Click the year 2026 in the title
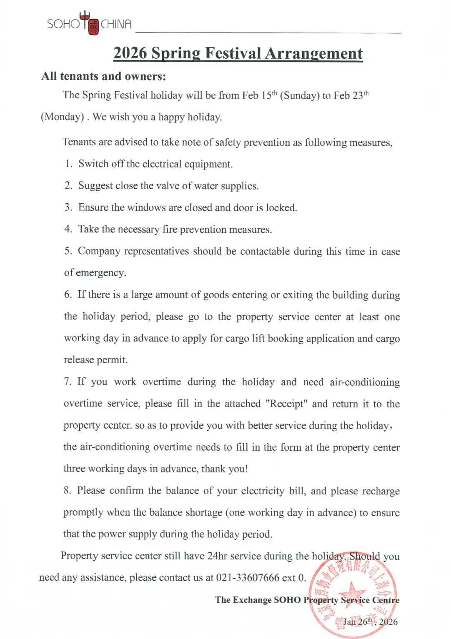coord(130,53)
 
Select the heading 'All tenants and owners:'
coord(103,76)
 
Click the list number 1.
coord(68,164)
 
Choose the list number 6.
coord(68,295)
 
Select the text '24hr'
coord(217,556)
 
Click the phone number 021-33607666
coord(248,578)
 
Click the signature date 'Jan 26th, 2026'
coord(370,622)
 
